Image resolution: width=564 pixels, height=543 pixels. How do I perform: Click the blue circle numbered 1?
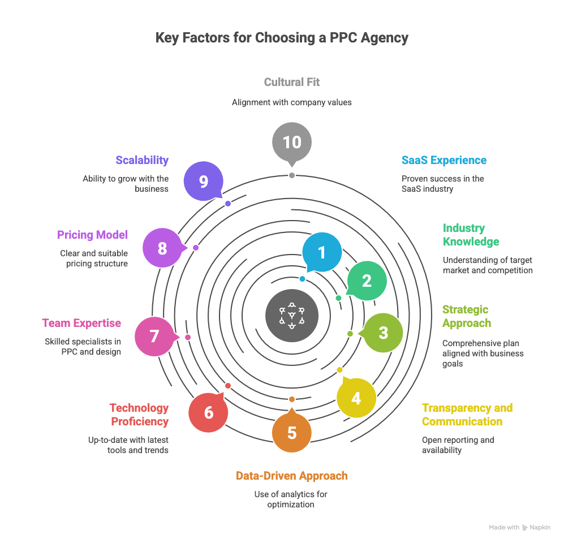[322, 252]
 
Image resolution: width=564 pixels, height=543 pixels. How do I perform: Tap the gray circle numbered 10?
[292, 142]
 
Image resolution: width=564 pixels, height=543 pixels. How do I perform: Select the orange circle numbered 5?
[292, 433]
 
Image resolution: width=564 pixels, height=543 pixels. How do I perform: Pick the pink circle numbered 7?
[154, 336]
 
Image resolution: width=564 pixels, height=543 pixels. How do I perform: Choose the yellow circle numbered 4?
[356, 398]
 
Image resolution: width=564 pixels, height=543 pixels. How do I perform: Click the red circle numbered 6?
[208, 413]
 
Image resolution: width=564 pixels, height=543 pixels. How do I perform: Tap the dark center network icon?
[292, 316]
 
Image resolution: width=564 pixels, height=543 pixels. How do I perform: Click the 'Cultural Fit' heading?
[292, 83]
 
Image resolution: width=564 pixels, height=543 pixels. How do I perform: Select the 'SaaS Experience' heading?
[444, 160]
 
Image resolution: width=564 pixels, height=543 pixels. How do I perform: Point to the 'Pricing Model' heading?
[92, 235]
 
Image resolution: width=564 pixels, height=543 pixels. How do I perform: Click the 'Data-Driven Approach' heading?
[292, 476]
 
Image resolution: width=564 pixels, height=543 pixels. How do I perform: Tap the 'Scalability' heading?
[142, 160]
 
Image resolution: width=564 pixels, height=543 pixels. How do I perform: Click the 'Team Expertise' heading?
[81, 324]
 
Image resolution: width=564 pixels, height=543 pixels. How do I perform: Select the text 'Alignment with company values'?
[292, 103]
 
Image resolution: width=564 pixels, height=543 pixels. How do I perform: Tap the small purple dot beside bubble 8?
[196, 248]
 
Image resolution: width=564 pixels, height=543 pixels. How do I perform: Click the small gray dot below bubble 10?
[292, 175]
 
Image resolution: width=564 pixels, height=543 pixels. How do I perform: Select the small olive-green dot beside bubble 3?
[350, 334]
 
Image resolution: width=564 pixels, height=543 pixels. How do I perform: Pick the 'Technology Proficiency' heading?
[139, 415]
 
